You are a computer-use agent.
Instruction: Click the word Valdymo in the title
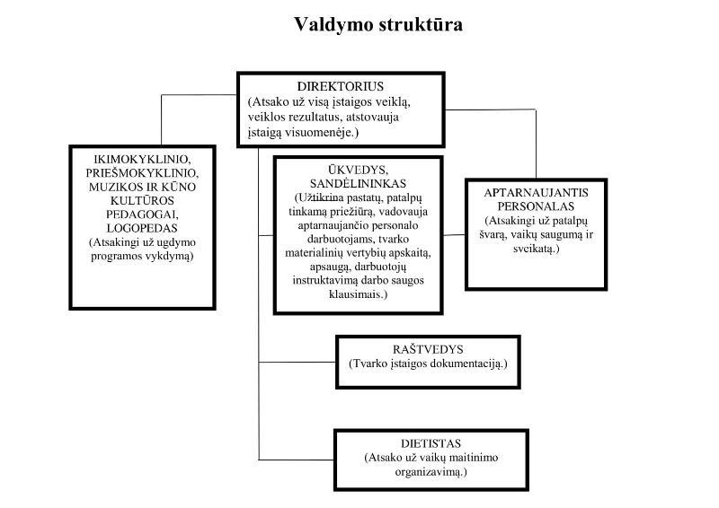333,25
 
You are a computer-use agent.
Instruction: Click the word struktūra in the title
421,24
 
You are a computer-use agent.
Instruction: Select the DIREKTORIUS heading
341,86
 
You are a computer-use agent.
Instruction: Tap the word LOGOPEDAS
142,228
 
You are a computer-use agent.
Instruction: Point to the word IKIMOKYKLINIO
142,160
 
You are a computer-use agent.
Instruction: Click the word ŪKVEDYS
358,170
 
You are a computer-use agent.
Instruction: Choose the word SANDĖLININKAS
358,184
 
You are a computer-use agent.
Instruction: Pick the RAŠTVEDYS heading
428,349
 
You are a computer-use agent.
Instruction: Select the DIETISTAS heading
431,443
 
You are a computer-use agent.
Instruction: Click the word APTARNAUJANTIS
536,193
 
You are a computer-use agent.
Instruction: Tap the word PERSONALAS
536,206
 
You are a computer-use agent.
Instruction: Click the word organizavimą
431,472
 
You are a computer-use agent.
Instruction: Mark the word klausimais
358,294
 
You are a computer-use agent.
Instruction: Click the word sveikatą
536,250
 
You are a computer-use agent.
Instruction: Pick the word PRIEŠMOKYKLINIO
142,173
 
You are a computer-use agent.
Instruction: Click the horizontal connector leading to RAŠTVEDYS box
297,362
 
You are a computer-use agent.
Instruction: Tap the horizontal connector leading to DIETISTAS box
297,460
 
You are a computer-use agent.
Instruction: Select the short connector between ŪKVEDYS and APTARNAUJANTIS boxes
454,235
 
